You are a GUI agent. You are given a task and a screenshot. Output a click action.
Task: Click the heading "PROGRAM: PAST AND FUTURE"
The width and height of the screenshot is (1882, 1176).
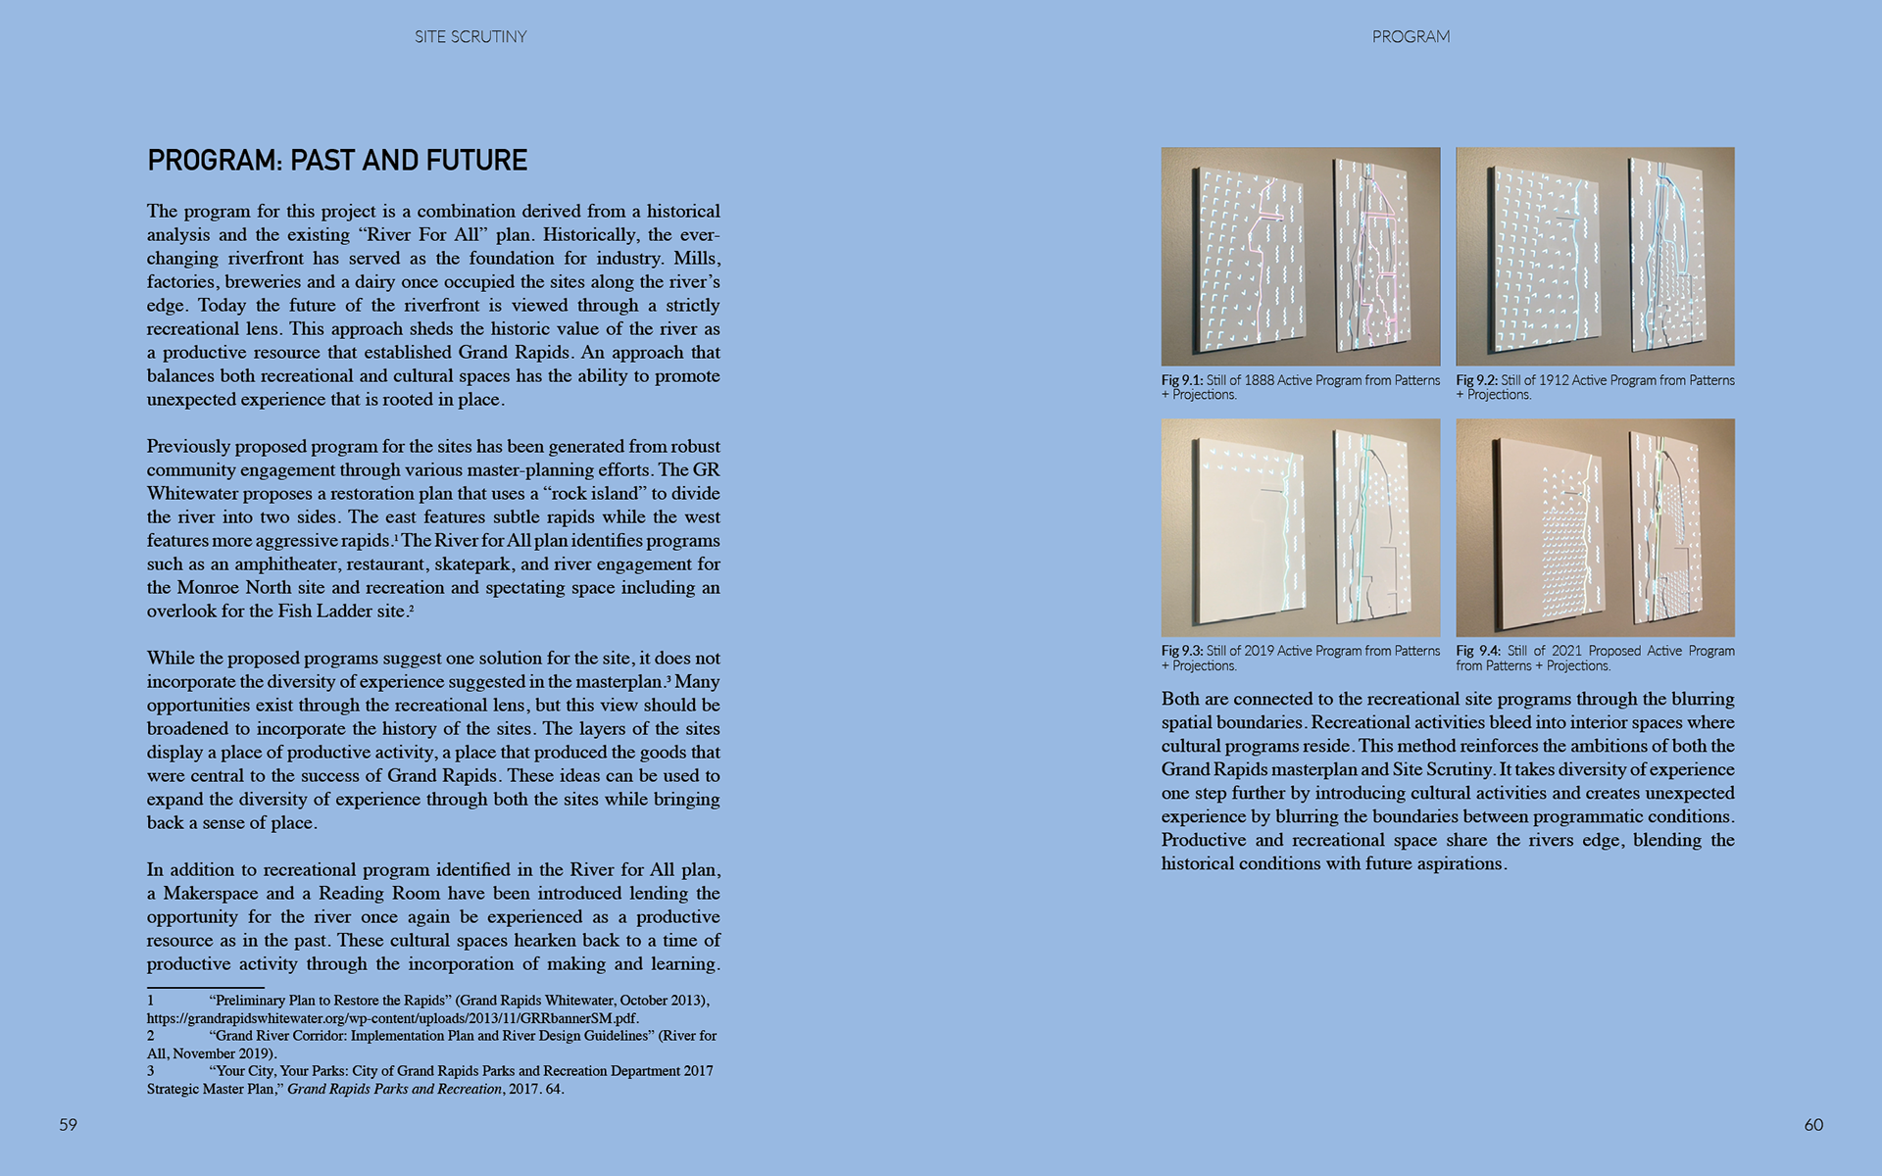337,161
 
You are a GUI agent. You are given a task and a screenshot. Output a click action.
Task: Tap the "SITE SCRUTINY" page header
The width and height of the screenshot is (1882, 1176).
470,37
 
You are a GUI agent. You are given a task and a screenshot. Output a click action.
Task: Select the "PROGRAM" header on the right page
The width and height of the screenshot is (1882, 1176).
1411,37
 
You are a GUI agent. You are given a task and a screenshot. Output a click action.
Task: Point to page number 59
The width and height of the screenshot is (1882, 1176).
68,1125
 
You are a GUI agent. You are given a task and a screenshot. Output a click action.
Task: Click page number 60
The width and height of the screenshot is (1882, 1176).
1813,1125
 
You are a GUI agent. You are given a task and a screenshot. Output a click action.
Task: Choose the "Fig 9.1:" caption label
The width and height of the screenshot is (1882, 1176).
1181,380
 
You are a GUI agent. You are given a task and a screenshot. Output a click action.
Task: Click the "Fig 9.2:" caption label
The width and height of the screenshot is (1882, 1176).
1476,380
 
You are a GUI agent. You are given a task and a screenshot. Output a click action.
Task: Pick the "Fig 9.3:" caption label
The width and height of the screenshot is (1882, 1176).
1181,651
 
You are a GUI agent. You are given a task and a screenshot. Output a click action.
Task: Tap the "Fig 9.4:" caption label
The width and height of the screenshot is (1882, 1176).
1477,651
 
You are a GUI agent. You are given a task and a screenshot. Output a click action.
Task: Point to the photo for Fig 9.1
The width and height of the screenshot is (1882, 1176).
1301,257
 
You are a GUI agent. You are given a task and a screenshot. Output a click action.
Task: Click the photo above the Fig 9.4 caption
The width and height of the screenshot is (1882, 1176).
1595,528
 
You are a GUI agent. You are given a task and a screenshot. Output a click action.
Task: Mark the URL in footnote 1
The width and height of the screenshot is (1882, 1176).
392,1018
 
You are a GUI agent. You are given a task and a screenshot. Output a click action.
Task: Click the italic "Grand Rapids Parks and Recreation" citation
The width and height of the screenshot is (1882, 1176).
394,1089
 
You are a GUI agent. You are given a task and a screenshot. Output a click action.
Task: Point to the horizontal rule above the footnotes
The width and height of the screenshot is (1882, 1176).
206,987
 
